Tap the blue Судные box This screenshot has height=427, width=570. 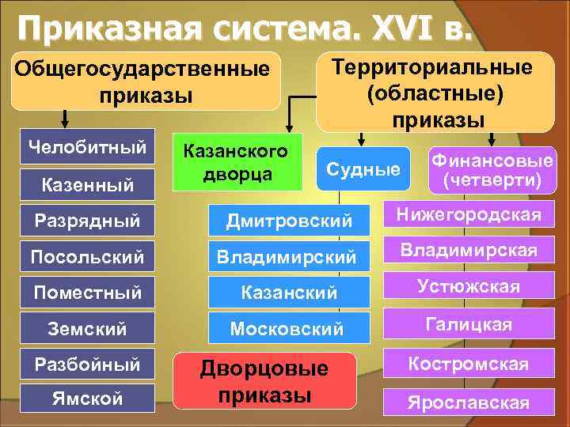(363, 168)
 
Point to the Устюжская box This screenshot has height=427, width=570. (469, 286)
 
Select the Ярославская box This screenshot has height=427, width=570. (469, 402)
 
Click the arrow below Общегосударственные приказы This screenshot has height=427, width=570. (66, 119)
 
